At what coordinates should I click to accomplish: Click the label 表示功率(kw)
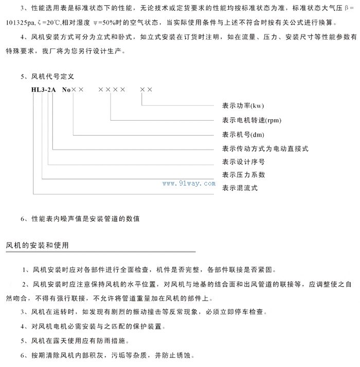(243, 107)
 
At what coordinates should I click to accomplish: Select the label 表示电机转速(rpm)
(251, 121)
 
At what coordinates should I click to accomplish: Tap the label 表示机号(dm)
(244, 135)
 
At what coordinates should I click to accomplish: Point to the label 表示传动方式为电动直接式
(265, 149)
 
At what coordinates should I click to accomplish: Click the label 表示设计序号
(243, 162)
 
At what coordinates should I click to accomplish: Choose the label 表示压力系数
(243, 175)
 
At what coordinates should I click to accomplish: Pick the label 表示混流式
(240, 188)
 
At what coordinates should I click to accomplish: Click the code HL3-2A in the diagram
(44, 89)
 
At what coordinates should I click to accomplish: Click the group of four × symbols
(112, 89)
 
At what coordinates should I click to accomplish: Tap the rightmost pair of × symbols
(146, 89)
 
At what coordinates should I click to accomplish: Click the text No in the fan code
(66, 89)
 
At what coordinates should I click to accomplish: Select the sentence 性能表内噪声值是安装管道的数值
(85, 218)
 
